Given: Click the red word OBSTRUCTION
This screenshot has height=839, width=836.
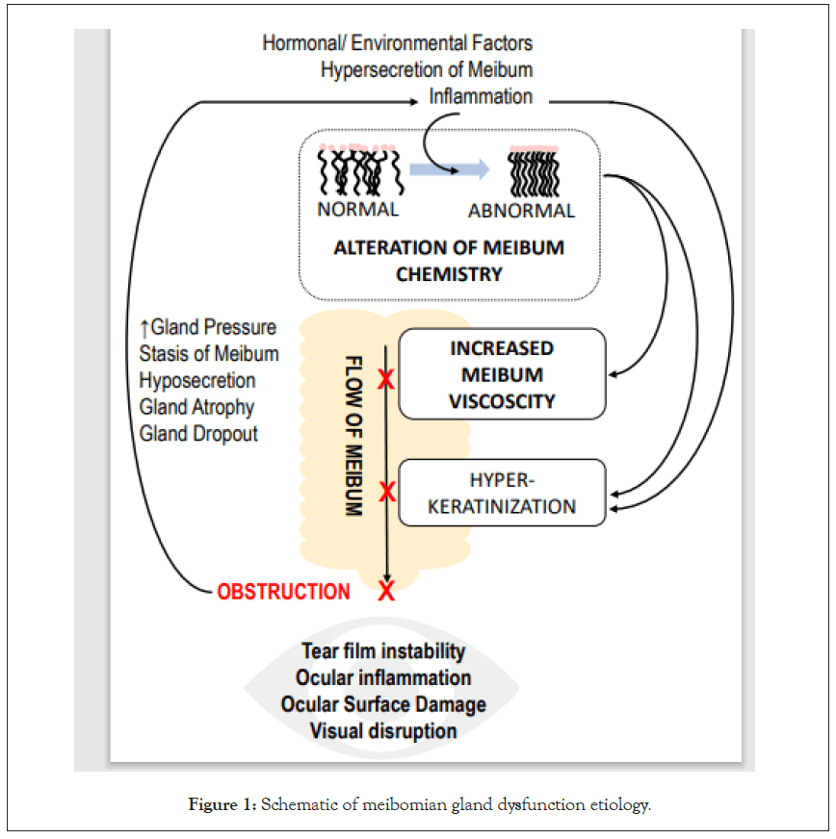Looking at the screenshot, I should pyautogui.click(x=283, y=592).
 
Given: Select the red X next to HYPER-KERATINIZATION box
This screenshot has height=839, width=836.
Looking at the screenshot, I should pyautogui.click(x=386, y=493).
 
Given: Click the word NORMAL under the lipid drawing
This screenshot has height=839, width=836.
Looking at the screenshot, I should pyautogui.click(x=357, y=208).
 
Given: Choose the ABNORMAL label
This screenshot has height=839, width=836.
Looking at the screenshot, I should pyautogui.click(x=521, y=211).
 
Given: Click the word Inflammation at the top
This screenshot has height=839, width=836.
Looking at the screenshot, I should pyautogui.click(x=481, y=96).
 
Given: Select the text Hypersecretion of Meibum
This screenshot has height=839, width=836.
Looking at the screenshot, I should pyautogui.click(x=427, y=69).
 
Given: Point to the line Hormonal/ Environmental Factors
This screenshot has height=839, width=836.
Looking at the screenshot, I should pyautogui.click(x=397, y=43).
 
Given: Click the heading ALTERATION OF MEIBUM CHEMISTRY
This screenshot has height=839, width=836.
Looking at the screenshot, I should pyautogui.click(x=449, y=260).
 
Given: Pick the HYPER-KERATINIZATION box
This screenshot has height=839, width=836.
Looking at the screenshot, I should pyautogui.click(x=502, y=492).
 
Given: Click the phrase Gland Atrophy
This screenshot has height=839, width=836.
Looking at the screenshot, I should pyautogui.click(x=196, y=407).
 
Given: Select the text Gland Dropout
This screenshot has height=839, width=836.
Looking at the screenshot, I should pyautogui.click(x=198, y=433).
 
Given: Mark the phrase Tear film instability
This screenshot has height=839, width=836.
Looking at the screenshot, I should pyautogui.click(x=383, y=651).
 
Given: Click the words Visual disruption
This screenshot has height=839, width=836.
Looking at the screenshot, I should pyautogui.click(x=383, y=730).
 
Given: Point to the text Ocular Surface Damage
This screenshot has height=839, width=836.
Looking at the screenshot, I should pyautogui.click(x=383, y=704).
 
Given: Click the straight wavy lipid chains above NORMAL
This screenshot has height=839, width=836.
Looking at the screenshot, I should pyautogui.click(x=357, y=171).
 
